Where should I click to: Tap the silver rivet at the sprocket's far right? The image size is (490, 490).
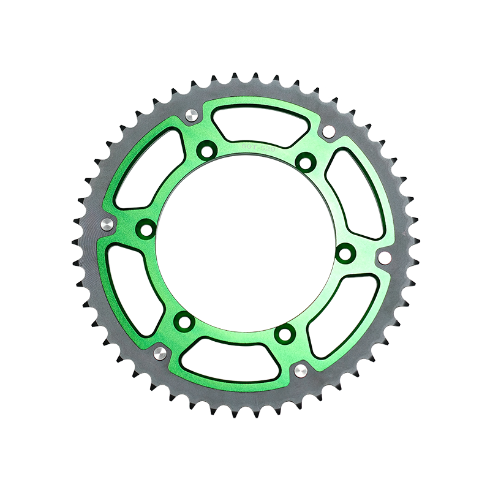pos(385,255)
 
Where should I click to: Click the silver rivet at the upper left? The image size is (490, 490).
pos(191,115)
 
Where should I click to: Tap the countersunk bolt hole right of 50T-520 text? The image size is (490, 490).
pos(303,161)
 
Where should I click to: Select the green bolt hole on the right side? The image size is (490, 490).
pos(344,251)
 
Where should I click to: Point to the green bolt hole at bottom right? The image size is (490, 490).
pos(283,334)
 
